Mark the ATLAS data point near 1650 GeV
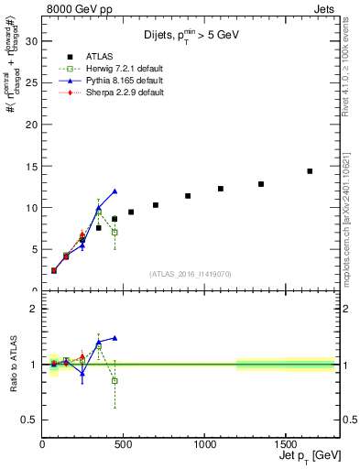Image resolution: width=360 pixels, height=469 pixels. tap(310, 171)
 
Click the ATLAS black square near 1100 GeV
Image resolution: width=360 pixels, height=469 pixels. tap(221, 189)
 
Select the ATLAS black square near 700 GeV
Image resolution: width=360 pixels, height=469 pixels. tap(156, 205)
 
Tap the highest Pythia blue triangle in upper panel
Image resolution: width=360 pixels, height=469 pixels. tap(115, 191)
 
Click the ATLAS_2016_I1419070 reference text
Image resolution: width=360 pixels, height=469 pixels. tap(189, 273)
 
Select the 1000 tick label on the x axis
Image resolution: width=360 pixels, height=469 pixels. tap(204, 444)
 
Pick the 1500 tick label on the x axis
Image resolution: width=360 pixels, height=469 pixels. tap(285, 444)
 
